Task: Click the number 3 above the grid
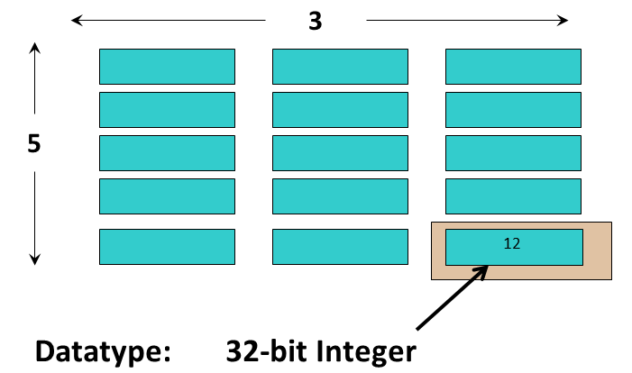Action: pos(315,22)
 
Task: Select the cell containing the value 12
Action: pos(513,247)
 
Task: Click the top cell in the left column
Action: pos(167,67)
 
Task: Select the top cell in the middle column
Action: pos(340,67)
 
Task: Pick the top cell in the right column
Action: pos(513,67)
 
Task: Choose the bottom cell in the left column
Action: pos(167,247)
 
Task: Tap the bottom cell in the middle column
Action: pos(340,247)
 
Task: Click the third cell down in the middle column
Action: pos(340,152)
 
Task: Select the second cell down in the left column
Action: pos(167,109)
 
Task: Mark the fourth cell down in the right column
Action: pos(513,196)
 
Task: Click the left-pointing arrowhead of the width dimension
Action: pos(77,20)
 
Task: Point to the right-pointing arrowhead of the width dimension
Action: pos(563,20)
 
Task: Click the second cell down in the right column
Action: pos(513,109)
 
